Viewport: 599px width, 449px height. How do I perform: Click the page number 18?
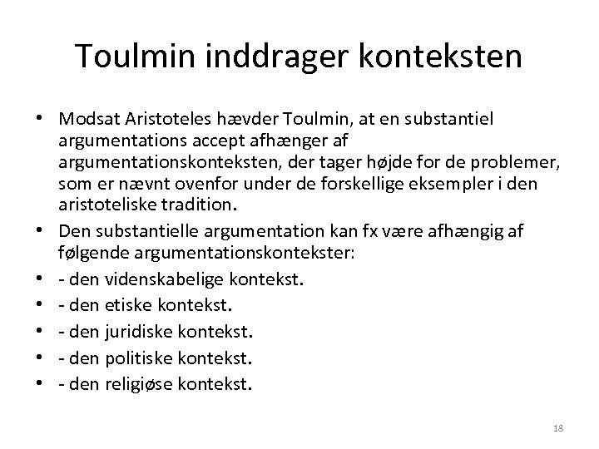click(x=557, y=427)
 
